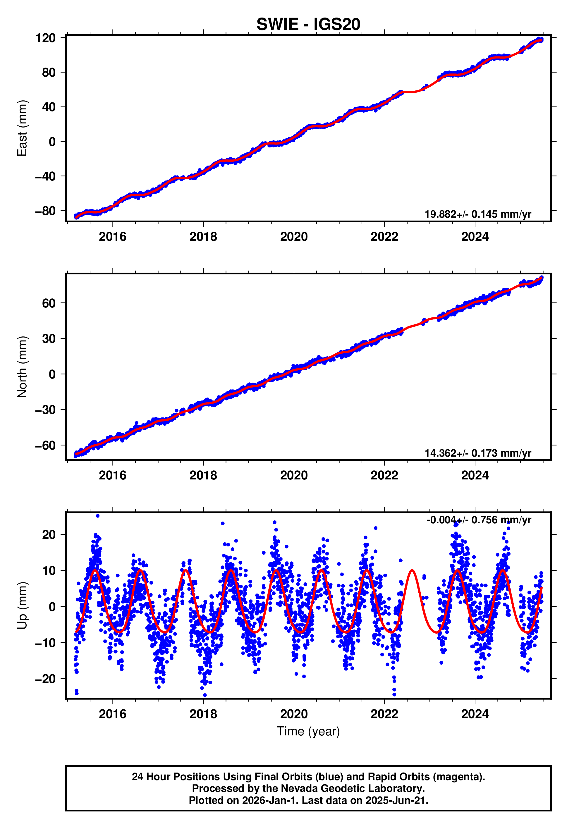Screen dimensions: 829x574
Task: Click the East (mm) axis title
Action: pyautogui.click(x=22, y=128)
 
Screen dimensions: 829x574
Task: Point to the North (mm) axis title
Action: pyautogui.click(x=22, y=367)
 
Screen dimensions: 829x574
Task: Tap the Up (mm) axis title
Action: pyautogui.click(x=22, y=606)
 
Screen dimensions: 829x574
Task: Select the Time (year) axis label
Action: pyautogui.click(x=308, y=731)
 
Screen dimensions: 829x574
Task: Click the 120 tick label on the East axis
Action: pyautogui.click(x=45, y=38)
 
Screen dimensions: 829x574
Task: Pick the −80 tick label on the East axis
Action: pyautogui.click(x=45, y=211)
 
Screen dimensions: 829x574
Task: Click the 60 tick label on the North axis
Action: pyautogui.click(x=49, y=303)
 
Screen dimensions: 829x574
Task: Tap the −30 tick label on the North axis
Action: pyautogui.click(x=45, y=410)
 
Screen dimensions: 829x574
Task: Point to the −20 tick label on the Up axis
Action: pyautogui.click(x=45, y=679)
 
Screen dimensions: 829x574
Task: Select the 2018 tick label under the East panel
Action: pyautogui.click(x=203, y=237)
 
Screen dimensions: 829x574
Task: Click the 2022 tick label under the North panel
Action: pyautogui.click(x=384, y=475)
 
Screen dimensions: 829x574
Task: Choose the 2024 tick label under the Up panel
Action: pyautogui.click(x=475, y=714)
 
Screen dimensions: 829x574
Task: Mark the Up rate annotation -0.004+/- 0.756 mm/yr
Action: pyautogui.click(x=478, y=520)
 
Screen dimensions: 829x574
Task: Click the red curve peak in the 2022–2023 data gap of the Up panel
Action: pyautogui.click(x=412, y=570)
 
